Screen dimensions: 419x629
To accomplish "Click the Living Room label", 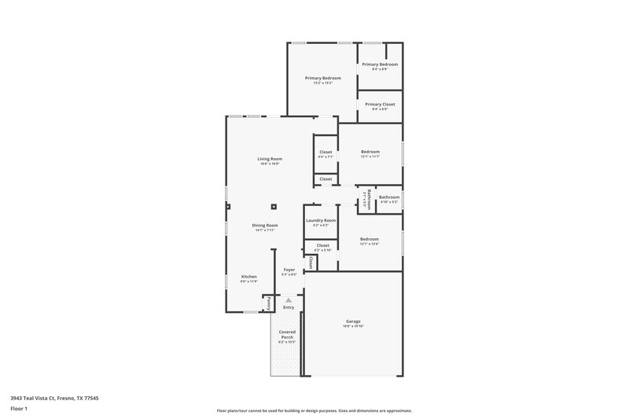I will (270, 159).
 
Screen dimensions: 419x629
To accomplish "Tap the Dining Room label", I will (264, 226).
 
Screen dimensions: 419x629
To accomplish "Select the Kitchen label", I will (249, 277).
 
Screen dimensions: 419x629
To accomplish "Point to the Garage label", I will (353, 321).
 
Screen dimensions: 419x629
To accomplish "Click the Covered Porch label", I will (287, 334).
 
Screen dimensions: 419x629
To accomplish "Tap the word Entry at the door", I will (289, 307).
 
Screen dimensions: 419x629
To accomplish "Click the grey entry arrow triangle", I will (289, 300).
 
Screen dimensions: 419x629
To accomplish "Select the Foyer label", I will (289, 269).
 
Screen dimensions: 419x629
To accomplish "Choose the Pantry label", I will (267, 302).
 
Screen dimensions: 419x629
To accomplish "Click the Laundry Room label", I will (321, 220).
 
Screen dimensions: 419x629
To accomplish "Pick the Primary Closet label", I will (380, 104).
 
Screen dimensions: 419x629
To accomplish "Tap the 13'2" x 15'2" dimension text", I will (322, 83).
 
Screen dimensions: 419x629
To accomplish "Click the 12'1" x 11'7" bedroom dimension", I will (370, 156).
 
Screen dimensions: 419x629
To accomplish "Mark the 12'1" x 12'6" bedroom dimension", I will (370, 244).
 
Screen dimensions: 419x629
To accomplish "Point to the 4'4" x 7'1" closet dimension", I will (326, 156).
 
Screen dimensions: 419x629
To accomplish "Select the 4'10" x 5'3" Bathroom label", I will (389, 197).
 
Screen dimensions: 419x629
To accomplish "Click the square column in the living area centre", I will (274, 207).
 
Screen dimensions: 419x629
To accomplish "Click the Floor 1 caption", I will (19, 409).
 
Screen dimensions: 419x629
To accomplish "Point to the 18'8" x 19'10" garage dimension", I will (353, 325).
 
